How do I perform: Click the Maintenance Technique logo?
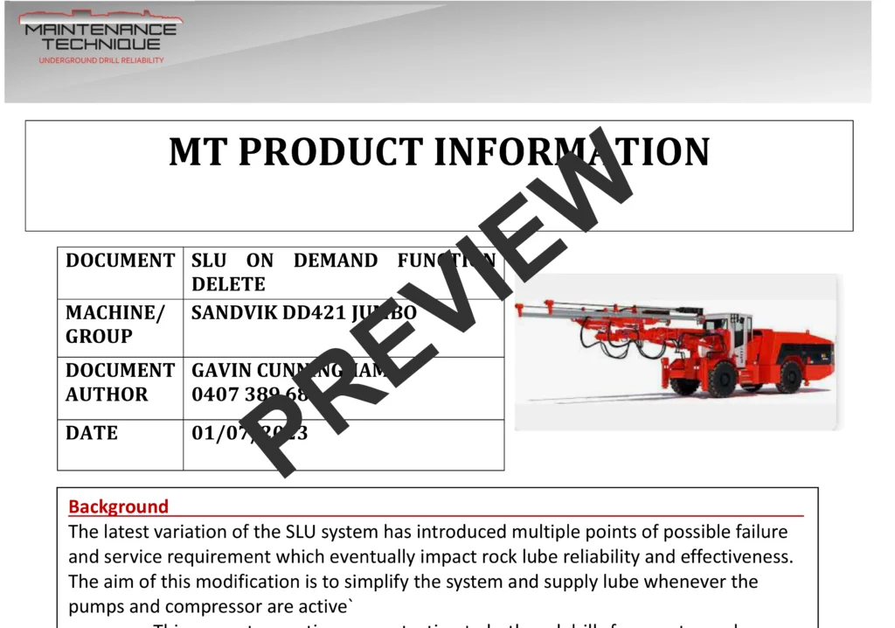pos(101,34)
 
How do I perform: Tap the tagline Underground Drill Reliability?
pos(101,60)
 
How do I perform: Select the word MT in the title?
pos(198,152)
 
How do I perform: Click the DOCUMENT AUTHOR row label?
pos(120,382)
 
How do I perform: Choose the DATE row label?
pos(92,433)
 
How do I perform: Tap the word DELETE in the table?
pos(228,284)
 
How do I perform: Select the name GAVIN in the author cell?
pos(220,371)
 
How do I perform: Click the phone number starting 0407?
pos(249,394)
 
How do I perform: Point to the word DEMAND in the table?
pos(336,261)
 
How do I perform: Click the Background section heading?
pos(118,506)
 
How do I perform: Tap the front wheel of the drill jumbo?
pos(721,378)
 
